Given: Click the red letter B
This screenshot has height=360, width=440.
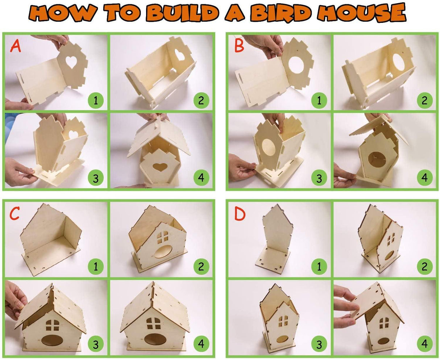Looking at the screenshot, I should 239,46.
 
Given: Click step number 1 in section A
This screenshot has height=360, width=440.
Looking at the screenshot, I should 96,100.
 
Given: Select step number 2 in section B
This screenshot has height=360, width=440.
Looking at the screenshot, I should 424,100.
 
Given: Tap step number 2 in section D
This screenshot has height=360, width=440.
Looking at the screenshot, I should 424,267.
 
